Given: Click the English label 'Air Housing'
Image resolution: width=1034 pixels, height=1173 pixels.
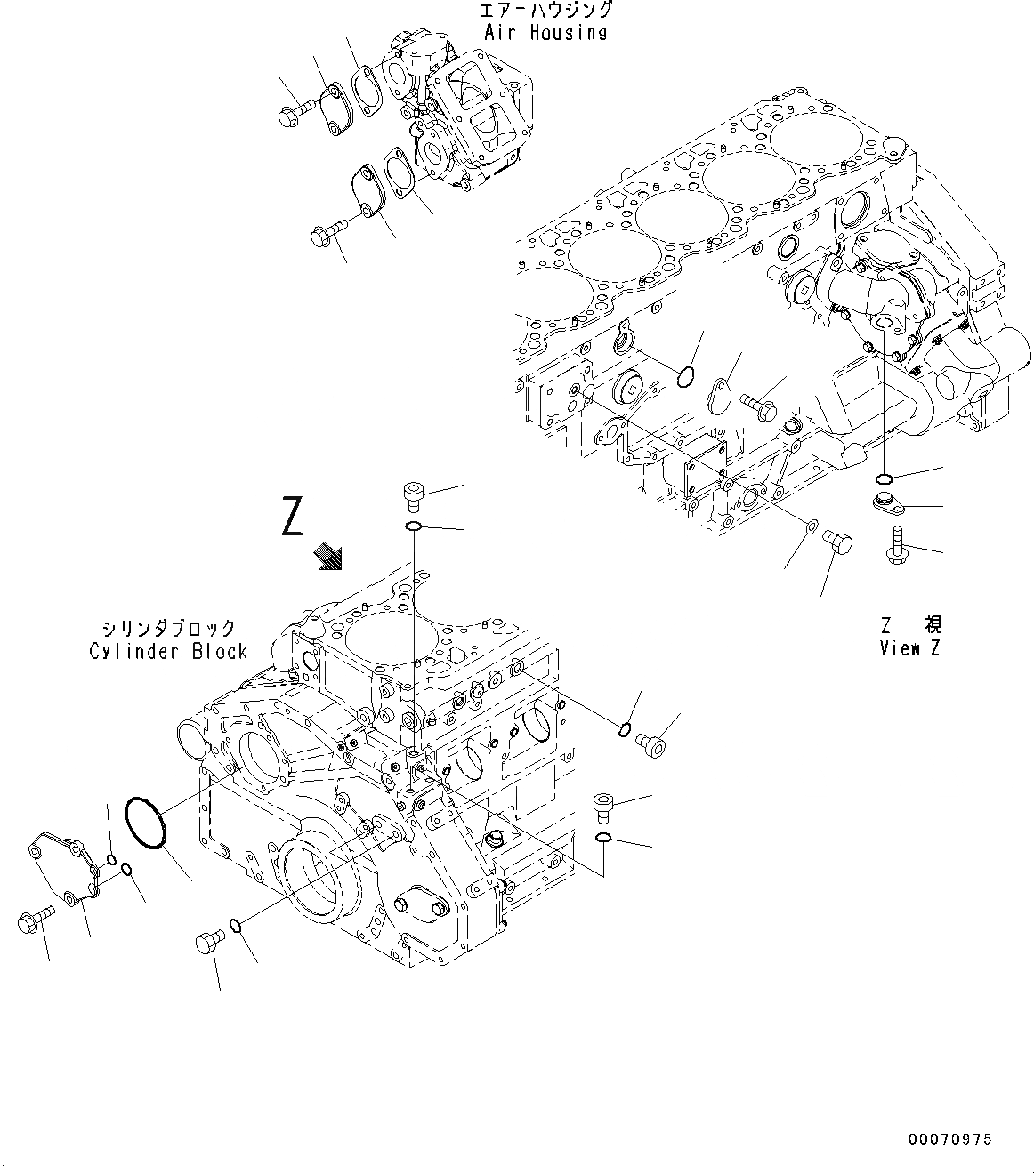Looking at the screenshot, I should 545,33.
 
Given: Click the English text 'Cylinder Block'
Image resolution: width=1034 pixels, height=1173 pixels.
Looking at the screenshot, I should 167,651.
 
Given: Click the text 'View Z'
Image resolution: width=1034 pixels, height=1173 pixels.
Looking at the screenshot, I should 909,647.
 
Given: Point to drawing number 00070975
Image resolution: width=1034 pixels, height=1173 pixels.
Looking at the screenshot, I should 949,1139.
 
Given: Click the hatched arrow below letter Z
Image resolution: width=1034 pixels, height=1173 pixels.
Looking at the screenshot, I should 330,558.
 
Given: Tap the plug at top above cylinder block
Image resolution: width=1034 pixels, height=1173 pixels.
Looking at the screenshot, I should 414,494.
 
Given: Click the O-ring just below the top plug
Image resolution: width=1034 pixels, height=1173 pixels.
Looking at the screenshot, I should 414,528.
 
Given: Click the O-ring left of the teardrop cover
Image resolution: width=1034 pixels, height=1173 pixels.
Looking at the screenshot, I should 684,377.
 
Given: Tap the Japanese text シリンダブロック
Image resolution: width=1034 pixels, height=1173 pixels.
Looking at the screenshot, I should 167,628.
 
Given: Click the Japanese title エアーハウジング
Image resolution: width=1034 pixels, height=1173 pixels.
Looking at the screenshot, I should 545,11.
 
